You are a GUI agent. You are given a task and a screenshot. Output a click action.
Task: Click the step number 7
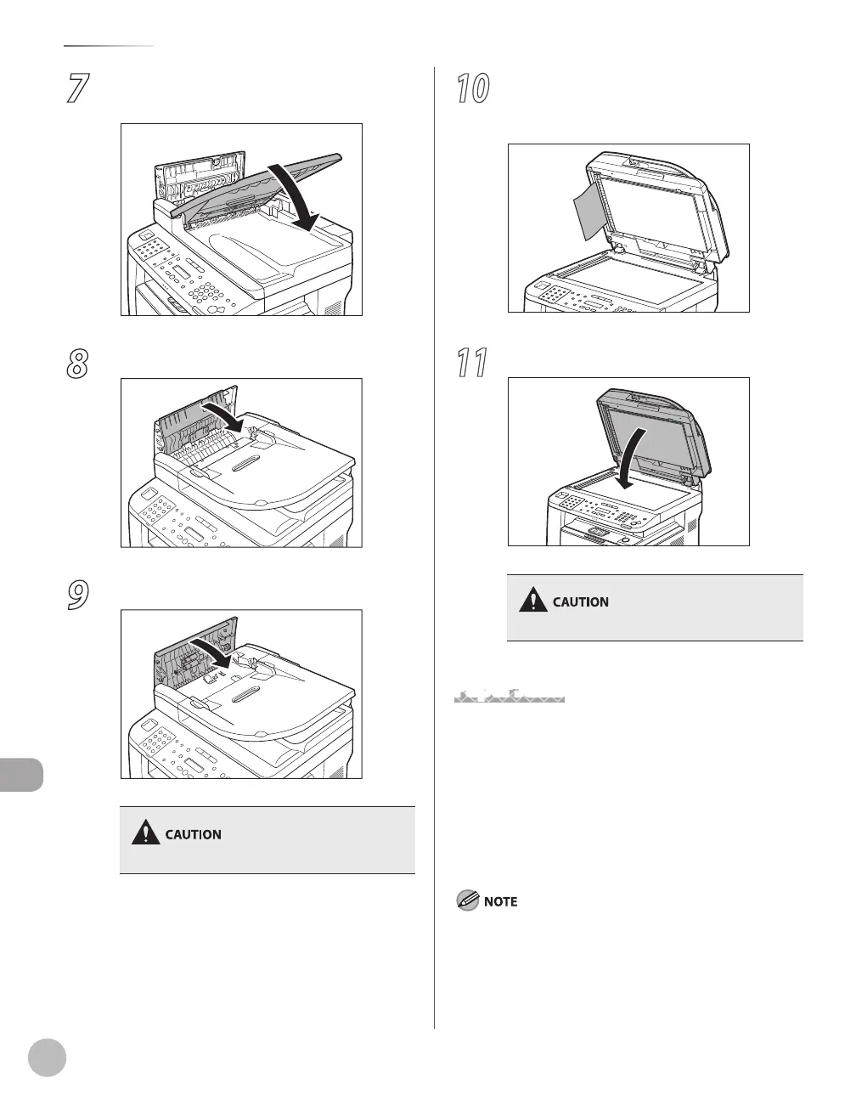[x=78, y=89]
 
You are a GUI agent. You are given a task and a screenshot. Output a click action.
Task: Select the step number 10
[x=472, y=89]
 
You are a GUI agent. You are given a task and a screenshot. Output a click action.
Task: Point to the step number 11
[x=472, y=363]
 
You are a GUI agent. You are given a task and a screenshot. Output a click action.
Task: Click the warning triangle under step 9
[x=146, y=833]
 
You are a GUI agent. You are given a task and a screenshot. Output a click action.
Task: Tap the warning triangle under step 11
[x=533, y=601]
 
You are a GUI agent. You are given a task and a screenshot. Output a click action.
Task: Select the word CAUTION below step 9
[x=193, y=834]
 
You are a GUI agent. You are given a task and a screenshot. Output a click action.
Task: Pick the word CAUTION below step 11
[x=581, y=602]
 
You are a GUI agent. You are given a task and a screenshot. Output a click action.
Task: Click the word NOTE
[x=500, y=901]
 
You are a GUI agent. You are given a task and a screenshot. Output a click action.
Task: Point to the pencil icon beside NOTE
[x=467, y=901]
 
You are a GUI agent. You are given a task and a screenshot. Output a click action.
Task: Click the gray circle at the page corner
[x=47, y=1058]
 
